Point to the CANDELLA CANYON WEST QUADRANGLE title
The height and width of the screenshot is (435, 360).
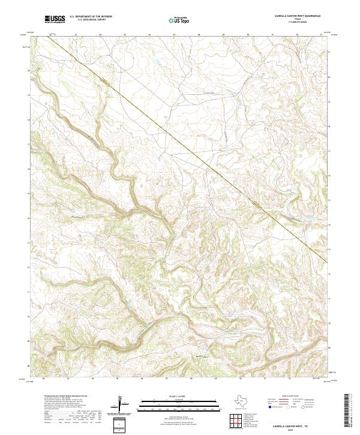point(298,16)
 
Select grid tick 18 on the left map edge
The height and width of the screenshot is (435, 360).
point(28,119)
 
